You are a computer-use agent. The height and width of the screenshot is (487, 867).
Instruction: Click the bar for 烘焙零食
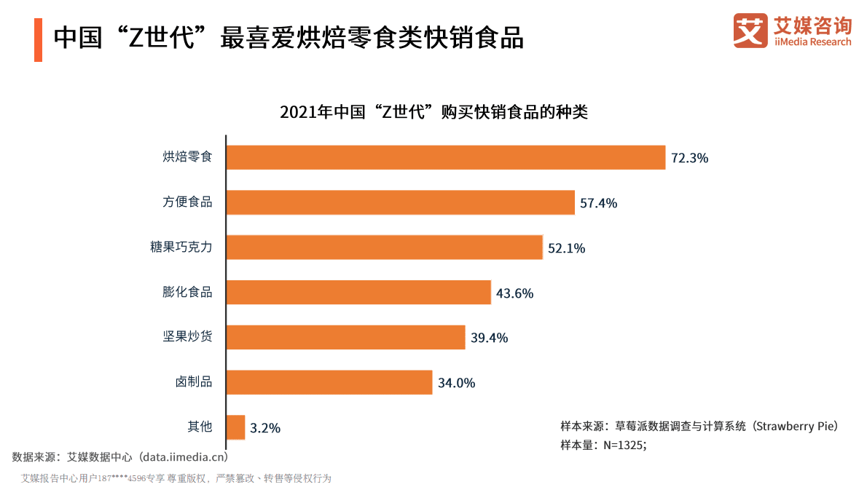445,157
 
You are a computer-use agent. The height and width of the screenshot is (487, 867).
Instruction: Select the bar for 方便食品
400,202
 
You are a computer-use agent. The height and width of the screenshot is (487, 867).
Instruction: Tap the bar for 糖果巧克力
384,248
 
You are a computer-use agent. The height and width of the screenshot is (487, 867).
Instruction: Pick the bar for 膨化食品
358,293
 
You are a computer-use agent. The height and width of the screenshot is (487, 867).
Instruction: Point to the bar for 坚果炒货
345,337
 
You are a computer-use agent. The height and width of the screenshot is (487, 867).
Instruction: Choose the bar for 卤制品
329,382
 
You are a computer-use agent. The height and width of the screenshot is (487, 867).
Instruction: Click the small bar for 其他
235,427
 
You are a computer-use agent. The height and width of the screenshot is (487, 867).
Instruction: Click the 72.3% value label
689,158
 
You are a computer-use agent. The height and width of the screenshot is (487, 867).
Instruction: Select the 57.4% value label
598,203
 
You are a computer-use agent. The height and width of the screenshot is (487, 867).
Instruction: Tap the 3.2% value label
264,428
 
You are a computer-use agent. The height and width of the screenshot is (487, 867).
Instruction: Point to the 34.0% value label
456,383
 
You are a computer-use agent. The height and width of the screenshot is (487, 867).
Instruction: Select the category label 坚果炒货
187,337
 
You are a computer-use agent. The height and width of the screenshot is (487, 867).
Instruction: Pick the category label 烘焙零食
187,157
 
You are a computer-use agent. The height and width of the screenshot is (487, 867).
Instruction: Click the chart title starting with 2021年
433,113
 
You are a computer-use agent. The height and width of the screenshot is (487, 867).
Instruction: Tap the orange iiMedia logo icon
750,31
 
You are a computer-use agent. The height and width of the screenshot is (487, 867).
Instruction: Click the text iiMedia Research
812,42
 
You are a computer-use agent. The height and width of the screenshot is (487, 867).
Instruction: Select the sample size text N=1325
621,445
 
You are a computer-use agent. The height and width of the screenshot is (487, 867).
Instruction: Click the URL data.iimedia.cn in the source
184,457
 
